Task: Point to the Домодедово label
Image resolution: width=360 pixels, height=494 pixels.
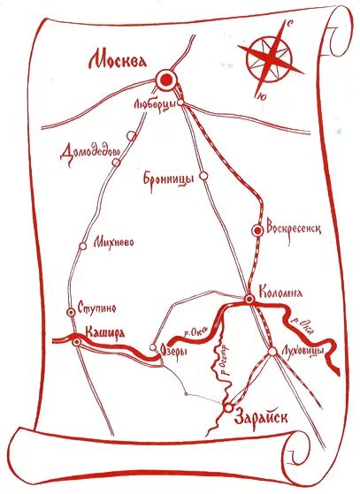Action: point(91,152)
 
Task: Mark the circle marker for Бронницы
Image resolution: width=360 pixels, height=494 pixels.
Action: point(203,176)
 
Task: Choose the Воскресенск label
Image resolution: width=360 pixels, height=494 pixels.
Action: point(292,227)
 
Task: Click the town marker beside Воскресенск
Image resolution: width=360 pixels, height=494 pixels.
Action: point(257,231)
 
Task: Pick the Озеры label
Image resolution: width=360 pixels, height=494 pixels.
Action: point(173,351)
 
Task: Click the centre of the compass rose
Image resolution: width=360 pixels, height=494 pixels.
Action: point(272,59)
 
